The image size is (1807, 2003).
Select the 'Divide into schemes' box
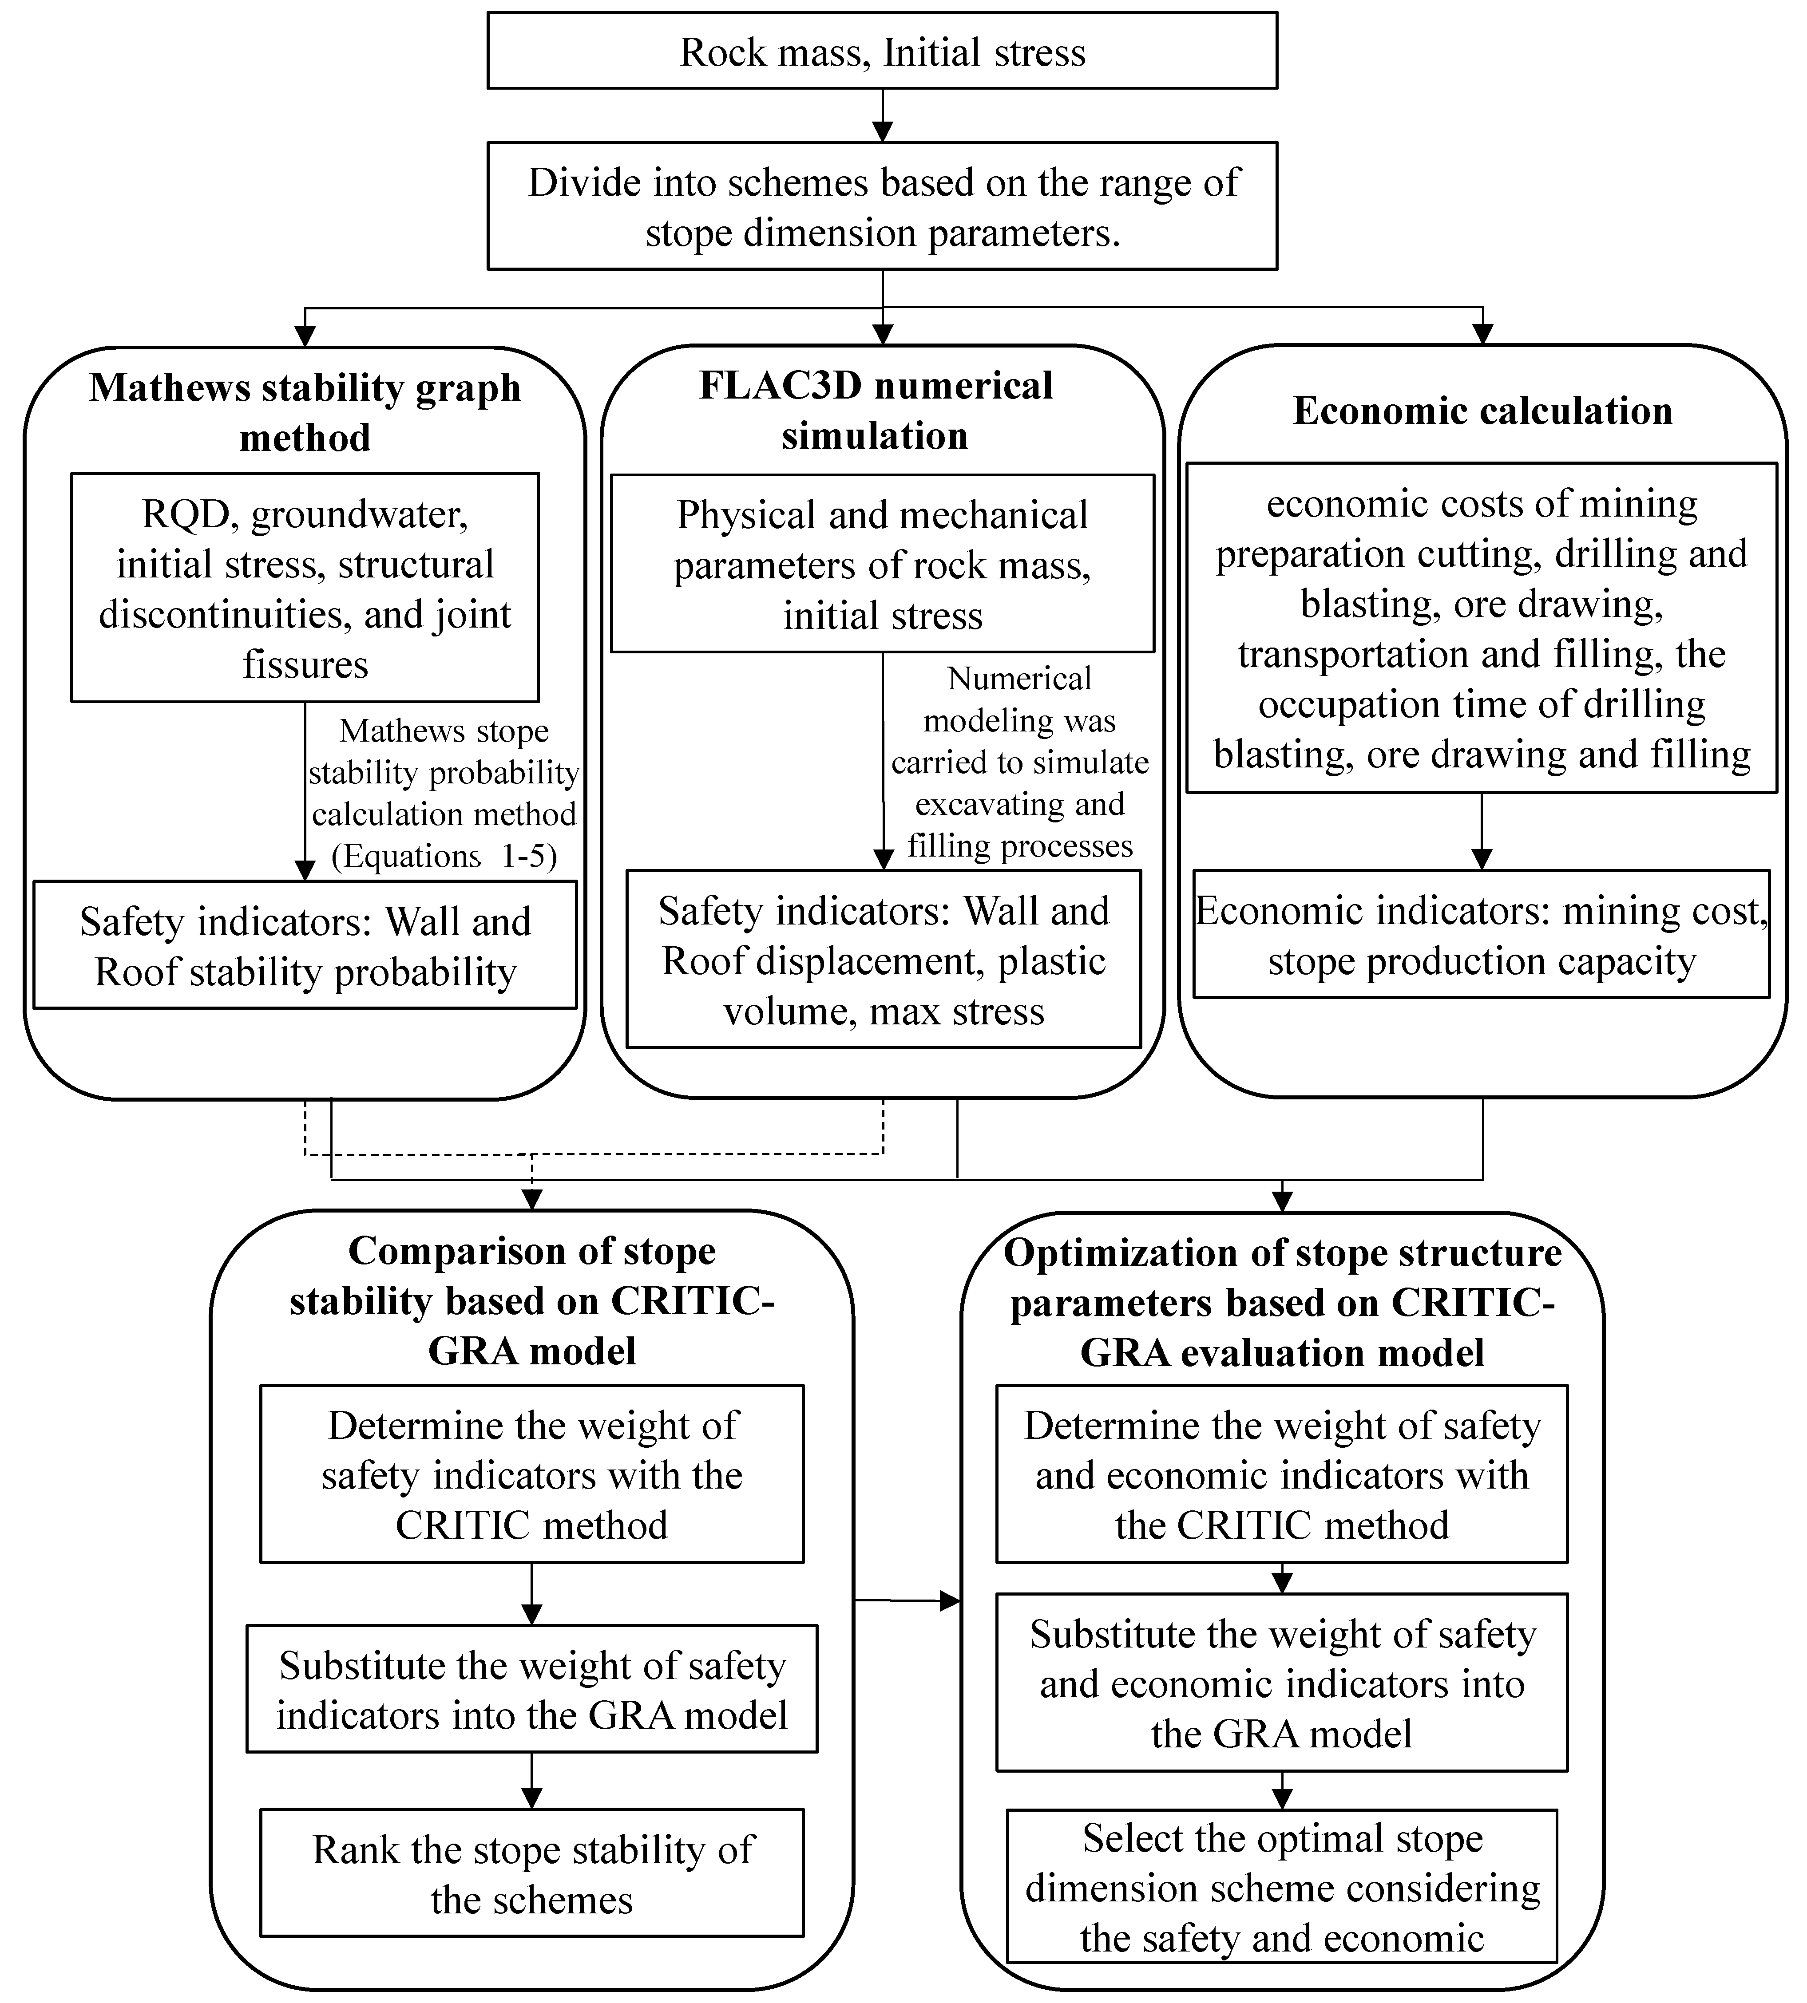882,206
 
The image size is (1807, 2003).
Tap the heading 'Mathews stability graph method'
305,412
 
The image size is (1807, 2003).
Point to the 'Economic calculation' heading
1482,410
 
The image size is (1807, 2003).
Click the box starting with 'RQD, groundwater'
305,588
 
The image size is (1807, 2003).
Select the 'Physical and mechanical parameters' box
882,564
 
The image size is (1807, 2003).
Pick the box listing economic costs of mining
1482,628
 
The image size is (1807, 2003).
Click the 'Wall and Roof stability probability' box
305,946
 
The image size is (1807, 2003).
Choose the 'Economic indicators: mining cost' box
1482,935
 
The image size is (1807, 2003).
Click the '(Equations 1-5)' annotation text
444,856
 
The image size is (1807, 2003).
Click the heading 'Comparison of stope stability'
532,1300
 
